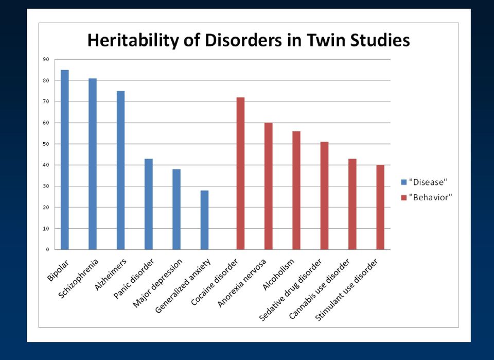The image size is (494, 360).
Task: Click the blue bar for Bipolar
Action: (65, 160)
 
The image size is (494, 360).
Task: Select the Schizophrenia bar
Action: (93, 164)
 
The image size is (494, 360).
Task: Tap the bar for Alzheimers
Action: (120, 170)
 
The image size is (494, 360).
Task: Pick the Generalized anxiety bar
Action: (204, 220)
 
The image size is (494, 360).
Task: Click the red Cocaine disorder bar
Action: (240, 174)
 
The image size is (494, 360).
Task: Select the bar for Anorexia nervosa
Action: (269, 186)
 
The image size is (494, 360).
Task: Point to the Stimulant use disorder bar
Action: (380, 207)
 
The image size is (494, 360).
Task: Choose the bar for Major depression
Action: (177, 209)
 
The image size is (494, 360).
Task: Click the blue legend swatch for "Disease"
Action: (404, 182)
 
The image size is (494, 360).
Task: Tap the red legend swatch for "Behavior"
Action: (404, 198)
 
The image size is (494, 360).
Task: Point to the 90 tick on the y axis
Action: (46, 59)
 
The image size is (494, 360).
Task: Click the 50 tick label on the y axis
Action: (46, 144)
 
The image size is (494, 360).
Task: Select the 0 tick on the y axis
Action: (48, 250)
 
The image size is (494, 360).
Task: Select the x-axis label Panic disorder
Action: (134, 278)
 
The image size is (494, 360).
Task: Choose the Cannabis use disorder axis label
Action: (320, 289)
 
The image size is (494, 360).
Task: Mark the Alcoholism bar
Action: (296, 191)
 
